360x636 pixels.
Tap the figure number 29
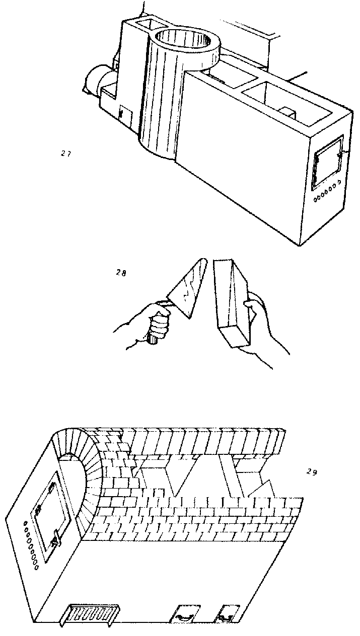point(312,472)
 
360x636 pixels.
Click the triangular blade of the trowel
point(187,289)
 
